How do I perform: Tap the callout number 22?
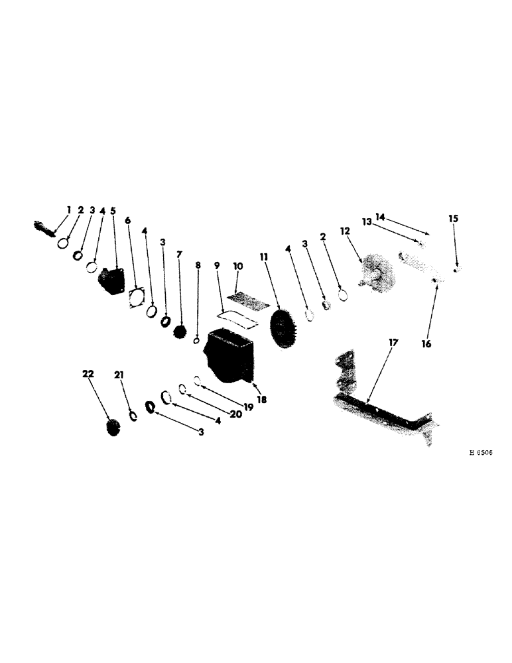pos(88,375)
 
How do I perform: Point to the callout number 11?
pos(264,255)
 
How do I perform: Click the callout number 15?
pos(453,218)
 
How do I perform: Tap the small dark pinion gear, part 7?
pos(178,331)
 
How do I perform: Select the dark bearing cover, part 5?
pos(112,280)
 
